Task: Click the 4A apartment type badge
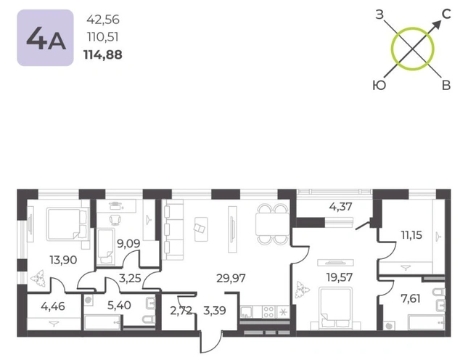[x=45, y=38]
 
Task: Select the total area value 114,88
[x=102, y=55]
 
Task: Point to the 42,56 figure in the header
[x=103, y=20]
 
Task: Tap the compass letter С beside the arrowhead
[x=446, y=14]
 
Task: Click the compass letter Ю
[x=379, y=86]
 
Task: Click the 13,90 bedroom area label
[x=63, y=260]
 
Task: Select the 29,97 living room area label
[x=231, y=278]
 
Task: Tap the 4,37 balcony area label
[x=340, y=207]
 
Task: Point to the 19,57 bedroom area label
[x=340, y=277]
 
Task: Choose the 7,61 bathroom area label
[x=411, y=299]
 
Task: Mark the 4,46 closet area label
[x=53, y=306]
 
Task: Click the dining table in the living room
[x=272, y=224]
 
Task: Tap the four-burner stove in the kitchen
[x=268, y=312]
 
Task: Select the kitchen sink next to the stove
[x=246, y=312]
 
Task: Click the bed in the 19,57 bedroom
[x=336, y=308]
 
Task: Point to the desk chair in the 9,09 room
[x=115, y=219]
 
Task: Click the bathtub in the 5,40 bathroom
[x=102, y=322]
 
